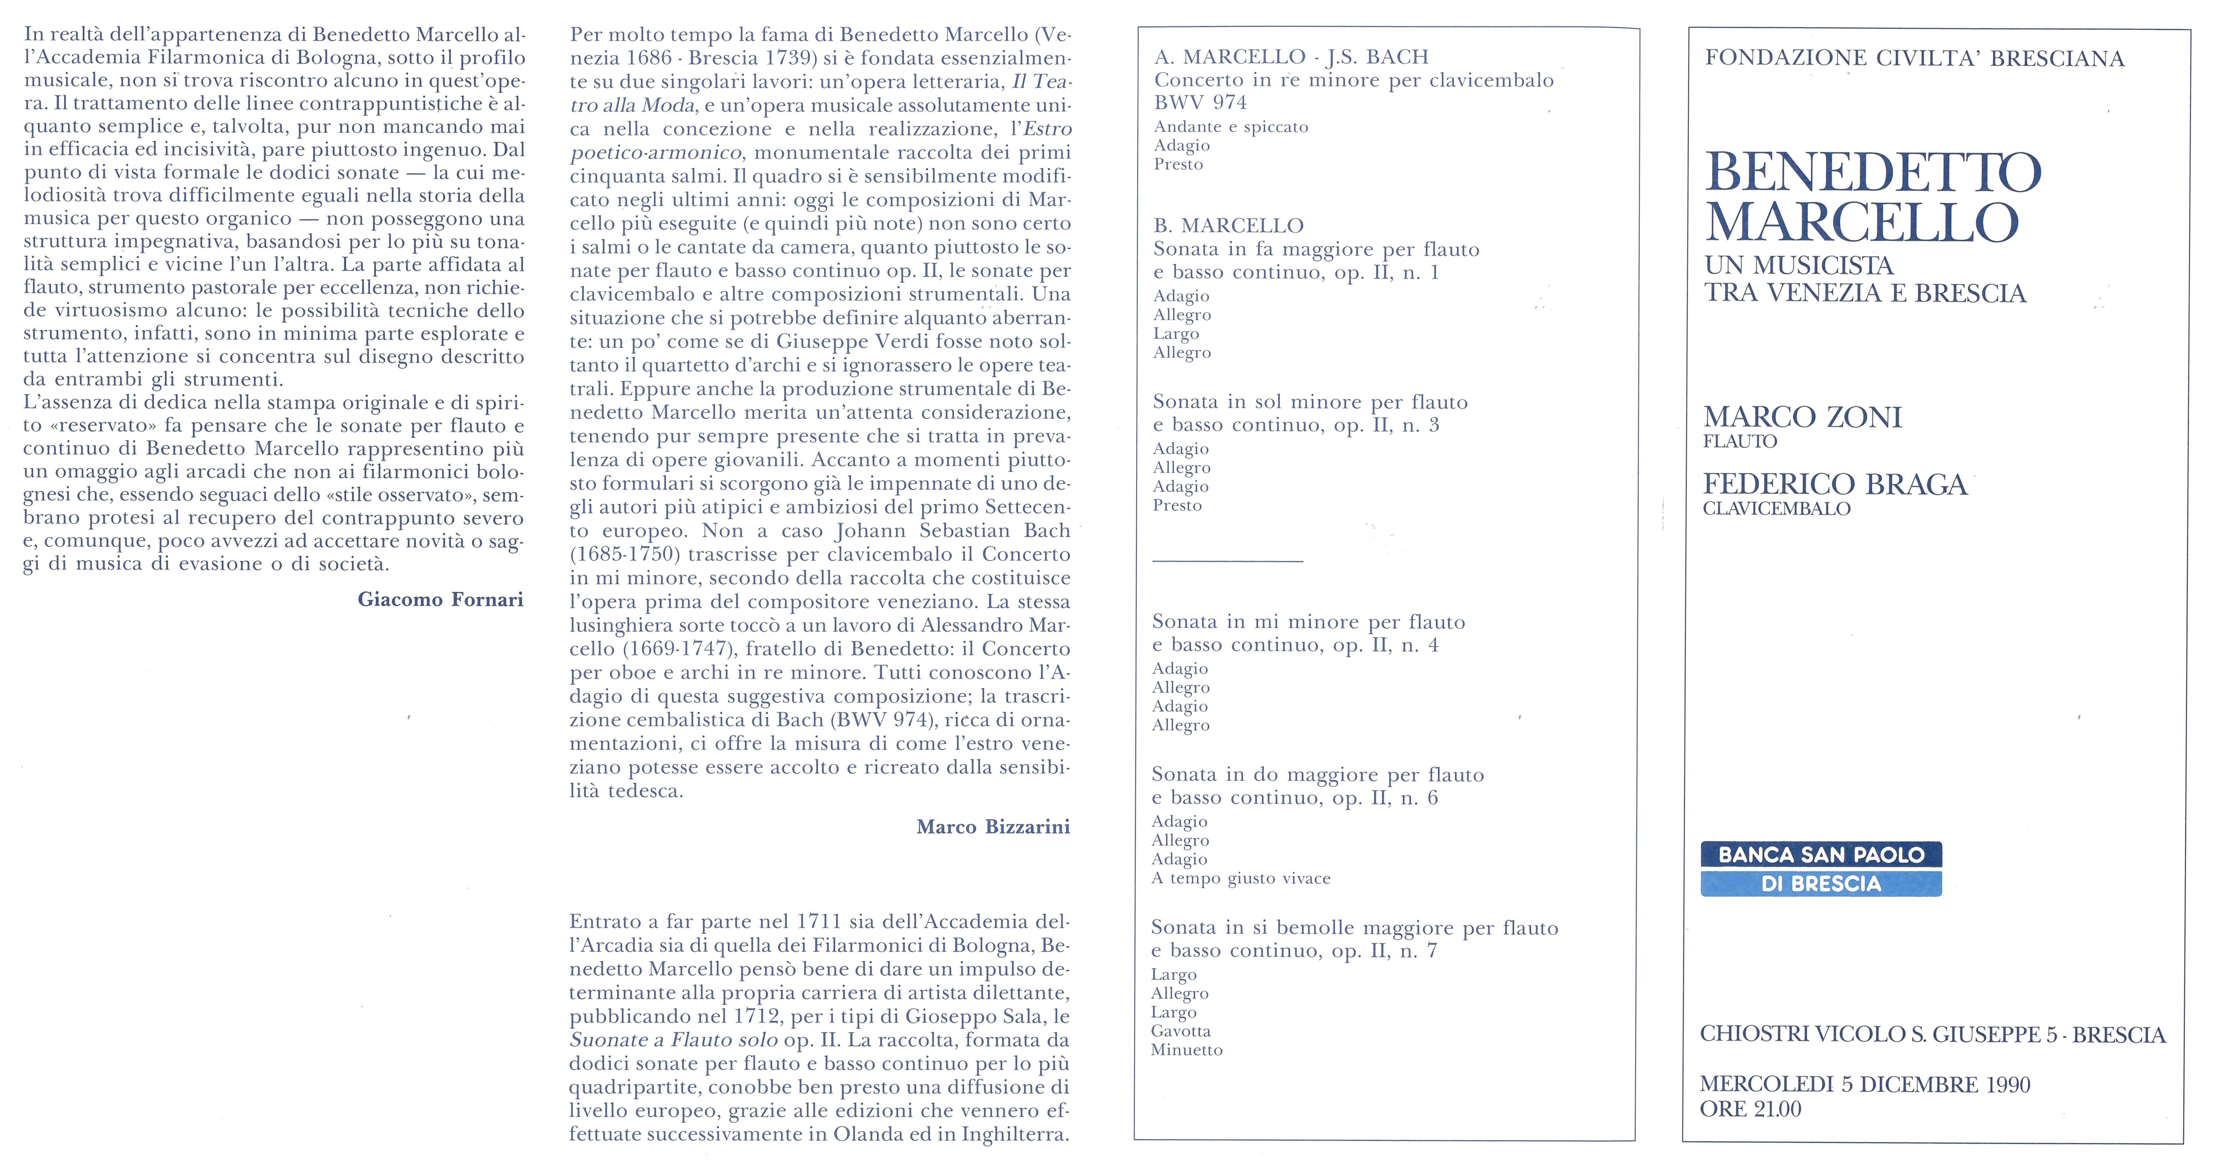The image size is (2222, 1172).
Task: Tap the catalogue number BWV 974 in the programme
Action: coord(1200,103)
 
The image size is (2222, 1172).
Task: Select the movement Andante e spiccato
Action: coord(1231,127)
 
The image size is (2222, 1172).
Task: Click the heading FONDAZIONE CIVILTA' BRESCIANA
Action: coord(1914,59)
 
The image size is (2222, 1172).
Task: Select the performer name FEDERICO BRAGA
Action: coord(1835,485)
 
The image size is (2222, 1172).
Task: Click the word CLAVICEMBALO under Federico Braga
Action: coord(1776,509)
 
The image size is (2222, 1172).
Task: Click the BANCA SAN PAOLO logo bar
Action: coord(1821,855)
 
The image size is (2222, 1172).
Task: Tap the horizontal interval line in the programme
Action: coord(1227,561)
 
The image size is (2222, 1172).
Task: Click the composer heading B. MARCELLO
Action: coord(1228,226)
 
